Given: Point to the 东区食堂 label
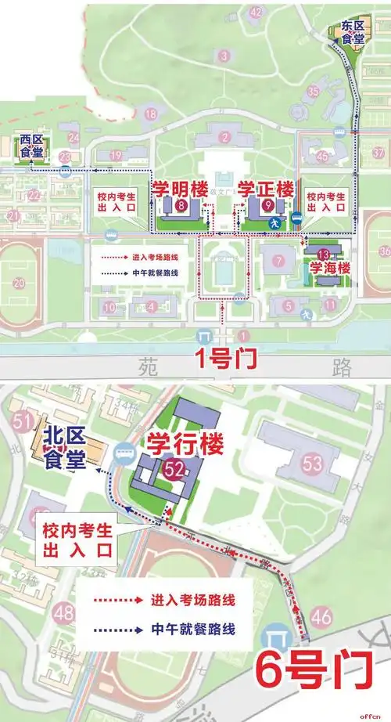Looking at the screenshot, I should coord(346,31).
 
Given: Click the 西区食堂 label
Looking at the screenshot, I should coord(31,145).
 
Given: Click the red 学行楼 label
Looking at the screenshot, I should coord(186,444).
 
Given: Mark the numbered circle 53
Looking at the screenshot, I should coord(313,464).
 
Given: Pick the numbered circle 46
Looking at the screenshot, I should coord(321,617).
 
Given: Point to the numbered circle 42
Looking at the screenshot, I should coord(256,12).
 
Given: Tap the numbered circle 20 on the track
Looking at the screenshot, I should coord(19,283).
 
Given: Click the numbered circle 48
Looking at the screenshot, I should coord(64,610).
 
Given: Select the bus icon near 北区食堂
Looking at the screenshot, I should coord(123,452).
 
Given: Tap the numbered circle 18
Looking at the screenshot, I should coord(151,114).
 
